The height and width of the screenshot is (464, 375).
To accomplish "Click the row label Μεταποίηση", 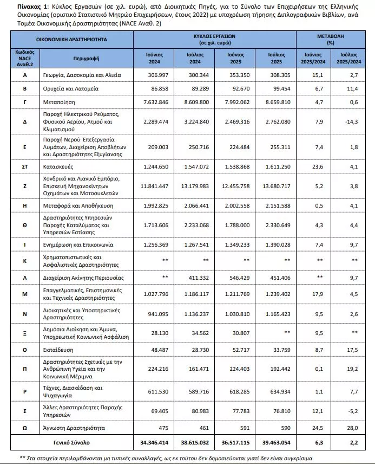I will [60, 101].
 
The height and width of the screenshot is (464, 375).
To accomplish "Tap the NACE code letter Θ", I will [25, 225].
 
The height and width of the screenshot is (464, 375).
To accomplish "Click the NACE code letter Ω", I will [25, 428].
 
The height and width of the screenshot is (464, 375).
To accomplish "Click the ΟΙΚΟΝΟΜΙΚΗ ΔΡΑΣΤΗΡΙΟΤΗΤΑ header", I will [71, 40].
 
